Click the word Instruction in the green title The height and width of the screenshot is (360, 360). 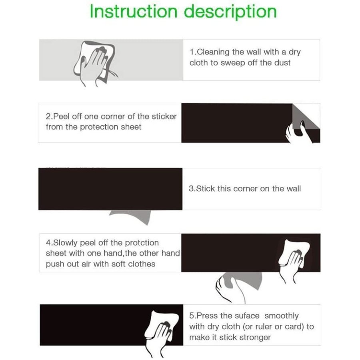pos(133,11)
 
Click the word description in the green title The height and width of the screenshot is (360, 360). pos(230,12)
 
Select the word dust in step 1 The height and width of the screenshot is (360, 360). pos(282,62)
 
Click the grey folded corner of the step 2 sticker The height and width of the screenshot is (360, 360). pos(305,117)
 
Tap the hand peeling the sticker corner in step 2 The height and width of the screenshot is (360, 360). pos(299,133)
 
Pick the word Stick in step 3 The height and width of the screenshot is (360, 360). pos(206,188)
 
